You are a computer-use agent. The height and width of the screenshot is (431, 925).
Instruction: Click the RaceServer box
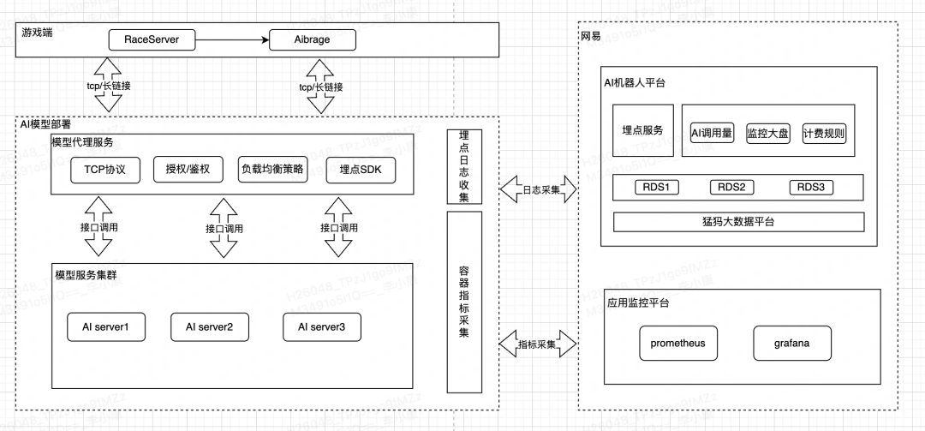(151, 39)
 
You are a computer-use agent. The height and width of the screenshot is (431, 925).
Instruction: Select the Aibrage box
(312, 39)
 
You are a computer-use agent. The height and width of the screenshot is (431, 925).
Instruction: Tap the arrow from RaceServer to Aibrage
(231, 39)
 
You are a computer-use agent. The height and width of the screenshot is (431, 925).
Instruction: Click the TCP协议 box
(104, 170)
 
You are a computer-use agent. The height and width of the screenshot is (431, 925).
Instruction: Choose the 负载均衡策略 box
(272, 170)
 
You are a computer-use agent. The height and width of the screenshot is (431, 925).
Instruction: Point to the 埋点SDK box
(360, 170)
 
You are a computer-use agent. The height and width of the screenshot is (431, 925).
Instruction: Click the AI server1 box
(105, 326)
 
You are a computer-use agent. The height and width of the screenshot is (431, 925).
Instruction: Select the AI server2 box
(209, 326)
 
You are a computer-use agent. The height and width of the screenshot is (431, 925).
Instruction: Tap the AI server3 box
(322, 326)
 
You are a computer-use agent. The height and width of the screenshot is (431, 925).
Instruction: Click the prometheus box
(677, 344)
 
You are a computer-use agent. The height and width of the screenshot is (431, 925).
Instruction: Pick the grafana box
(791, 344)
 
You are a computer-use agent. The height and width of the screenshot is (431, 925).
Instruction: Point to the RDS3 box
(810, 188)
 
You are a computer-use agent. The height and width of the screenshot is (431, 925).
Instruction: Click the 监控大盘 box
(767, 134)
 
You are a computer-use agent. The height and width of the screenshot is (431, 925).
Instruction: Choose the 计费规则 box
(824, 134)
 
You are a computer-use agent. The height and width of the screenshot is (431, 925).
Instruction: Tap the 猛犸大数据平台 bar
(738, 221)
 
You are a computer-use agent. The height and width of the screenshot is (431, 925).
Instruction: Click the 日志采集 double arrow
(538, 189)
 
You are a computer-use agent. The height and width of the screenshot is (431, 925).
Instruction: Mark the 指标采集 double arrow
(538, 344)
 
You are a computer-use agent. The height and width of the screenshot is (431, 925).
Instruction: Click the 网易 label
(590, 36)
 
